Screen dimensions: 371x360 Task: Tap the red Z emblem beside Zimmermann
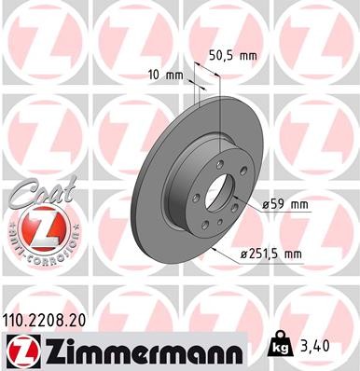(21, 350)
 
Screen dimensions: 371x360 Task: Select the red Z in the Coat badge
(40, 227)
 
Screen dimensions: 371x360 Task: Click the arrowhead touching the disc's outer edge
(215, 250)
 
